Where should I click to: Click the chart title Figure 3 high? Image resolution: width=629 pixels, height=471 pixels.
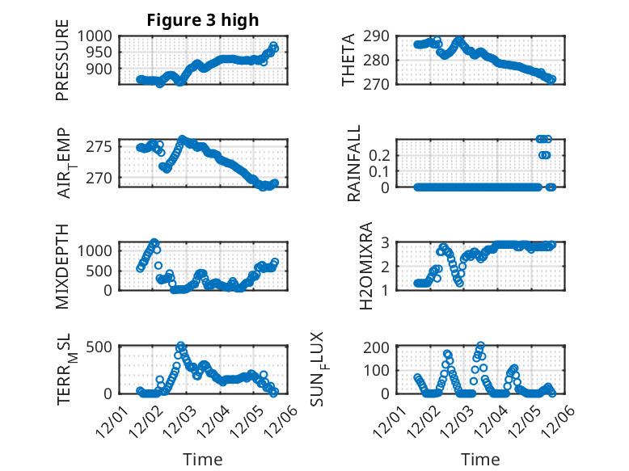202,20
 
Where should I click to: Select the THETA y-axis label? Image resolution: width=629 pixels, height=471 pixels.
348,61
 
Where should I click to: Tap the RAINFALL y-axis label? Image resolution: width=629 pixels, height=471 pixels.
353,164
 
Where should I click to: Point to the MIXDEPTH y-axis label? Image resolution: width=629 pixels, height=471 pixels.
62,267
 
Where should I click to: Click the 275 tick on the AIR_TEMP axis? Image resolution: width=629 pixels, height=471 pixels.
101,146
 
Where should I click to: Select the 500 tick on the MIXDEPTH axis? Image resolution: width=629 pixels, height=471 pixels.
101,270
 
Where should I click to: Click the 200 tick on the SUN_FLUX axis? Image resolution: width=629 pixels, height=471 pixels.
381,347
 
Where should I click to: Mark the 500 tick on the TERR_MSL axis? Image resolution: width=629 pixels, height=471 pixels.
101,347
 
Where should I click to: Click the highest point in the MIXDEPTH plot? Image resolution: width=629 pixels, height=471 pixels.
154,242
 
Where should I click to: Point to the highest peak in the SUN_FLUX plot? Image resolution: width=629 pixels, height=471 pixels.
481,346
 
